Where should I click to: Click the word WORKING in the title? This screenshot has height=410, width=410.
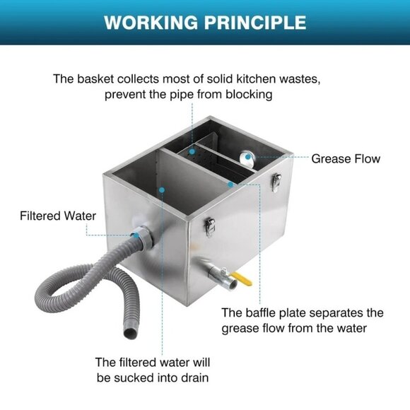click(148, 22)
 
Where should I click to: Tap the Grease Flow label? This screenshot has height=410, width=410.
click(346, 158)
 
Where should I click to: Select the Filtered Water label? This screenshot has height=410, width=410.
click(57, 216)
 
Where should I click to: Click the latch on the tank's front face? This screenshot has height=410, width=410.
click(209, 225)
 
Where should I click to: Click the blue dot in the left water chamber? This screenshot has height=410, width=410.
click(163, 189)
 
